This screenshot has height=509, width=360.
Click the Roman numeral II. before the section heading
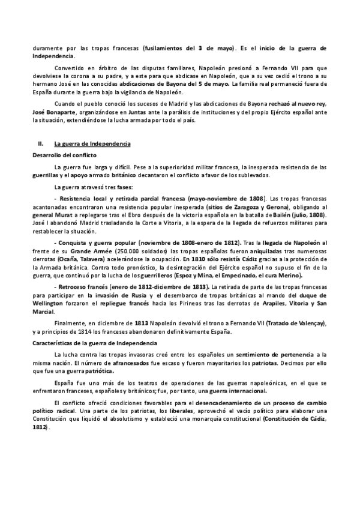41,144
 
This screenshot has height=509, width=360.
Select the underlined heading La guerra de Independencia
88,144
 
